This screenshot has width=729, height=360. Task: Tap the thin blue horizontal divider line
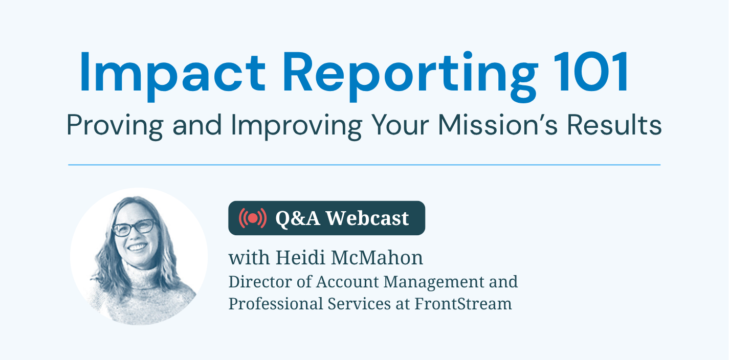(364, 165)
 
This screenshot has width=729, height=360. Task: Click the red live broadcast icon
(252, 218)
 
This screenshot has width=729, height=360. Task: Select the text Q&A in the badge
(298, 218)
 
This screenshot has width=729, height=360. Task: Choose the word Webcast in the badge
(368, 218)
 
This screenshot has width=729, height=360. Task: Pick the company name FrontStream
(463, 303)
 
